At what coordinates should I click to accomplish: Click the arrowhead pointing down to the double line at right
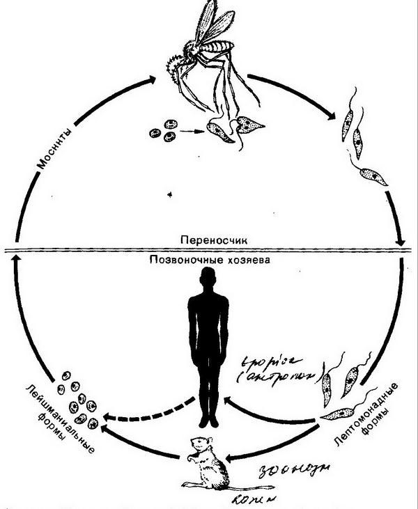click(401, 242)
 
